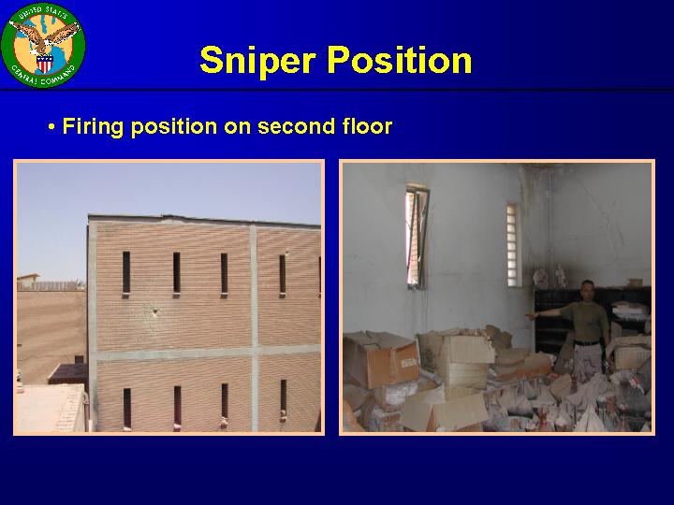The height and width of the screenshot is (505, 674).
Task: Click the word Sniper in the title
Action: click(x=258, y=61)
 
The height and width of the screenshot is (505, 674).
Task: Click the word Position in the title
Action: click(x=400, y=60)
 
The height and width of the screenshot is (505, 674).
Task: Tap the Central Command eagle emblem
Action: click(x=43, y=45)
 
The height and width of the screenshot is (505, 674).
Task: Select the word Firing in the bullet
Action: click(x=93, y=127)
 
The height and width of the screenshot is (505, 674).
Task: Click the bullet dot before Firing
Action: click(x=51, y=127)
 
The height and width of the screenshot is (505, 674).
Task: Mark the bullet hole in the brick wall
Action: click(x=154, y=310)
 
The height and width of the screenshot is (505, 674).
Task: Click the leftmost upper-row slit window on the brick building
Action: click(x=126, y=273)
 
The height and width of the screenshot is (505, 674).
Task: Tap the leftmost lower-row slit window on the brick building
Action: click(x=126, y=408)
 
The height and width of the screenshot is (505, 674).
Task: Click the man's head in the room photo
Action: click(x=587, y=291)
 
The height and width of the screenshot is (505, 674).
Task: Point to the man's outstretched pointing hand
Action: click(x=532, y=316)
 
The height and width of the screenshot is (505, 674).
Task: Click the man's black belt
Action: click(x=587, y=342)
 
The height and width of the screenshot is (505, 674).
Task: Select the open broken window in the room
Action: click(x=417, y=237)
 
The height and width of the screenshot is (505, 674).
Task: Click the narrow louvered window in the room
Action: click(x=512, y=245)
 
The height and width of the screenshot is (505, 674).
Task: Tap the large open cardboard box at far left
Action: click(x=379, y=358)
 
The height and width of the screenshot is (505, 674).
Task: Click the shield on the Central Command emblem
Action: click(x=45, y=64)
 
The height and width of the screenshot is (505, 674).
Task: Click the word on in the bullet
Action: click(x=238, y=127)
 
